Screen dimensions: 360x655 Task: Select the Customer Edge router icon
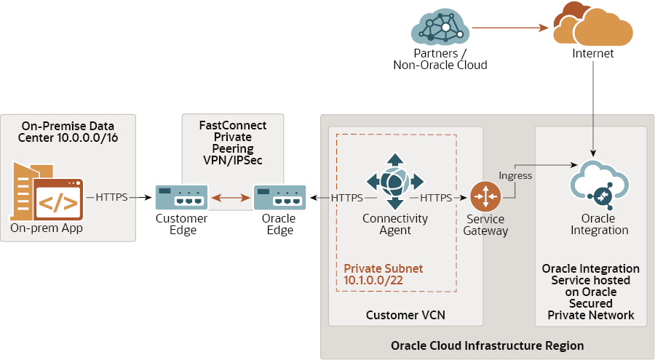[182, 197]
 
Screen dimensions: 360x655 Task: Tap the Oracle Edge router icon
[279, 197]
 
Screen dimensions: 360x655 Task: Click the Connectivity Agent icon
[394, 182]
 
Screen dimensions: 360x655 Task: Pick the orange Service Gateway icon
[485, 197]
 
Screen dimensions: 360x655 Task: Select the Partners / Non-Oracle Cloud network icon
[440, 28]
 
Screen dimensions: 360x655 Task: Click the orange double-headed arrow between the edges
[231, 197]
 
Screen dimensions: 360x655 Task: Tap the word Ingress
[515, 175]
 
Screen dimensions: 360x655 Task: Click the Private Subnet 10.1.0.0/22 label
[384, 274]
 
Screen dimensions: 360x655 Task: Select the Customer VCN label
[405, 315]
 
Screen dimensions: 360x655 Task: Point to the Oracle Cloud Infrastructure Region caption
[487, 345]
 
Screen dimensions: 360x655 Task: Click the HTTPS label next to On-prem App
[112, 197]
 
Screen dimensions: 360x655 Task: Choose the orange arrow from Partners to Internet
[509, 28]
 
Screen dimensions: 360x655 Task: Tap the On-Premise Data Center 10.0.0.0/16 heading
[68, 132]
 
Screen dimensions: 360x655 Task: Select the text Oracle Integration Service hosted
[590, 274]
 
